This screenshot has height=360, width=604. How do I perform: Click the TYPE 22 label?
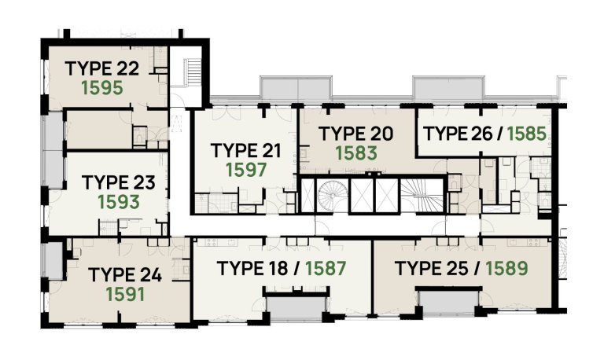(x=103, y=68)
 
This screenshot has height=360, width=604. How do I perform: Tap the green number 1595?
(x=102, y=87)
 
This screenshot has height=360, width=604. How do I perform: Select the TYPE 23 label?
(x=119, y=182)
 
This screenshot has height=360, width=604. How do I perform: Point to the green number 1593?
(x=119, y=202)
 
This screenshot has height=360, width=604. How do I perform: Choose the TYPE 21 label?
(x=247, y=149)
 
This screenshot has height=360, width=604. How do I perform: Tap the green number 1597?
(x=247, y=169)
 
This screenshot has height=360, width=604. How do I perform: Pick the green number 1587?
(x=326, y=267)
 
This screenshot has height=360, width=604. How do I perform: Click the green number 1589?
(x=506, y=267)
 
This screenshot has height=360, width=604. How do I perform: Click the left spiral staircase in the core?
(x=330, y=197)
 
